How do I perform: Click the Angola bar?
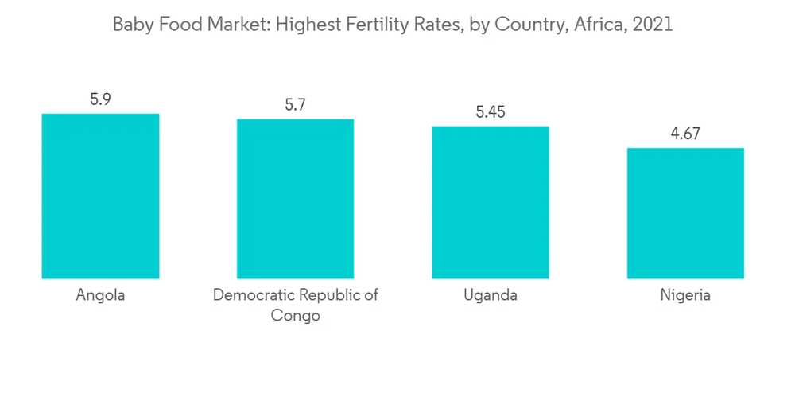point(100,196)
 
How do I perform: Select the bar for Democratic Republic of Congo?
point(295,199)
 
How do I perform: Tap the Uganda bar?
point(491,202)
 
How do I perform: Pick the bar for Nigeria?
point(685,213)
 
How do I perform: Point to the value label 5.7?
point(295,105)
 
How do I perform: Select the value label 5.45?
point(491,112)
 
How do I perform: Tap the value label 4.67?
point(685,134)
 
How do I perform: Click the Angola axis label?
point(100,295)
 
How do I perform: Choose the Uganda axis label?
point(491,295)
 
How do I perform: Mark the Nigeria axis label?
point(685,295)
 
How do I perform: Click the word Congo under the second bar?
point(295,316)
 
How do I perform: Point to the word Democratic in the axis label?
point(249,295)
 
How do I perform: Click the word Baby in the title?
point(130,25)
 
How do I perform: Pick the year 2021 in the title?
point(653,25)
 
